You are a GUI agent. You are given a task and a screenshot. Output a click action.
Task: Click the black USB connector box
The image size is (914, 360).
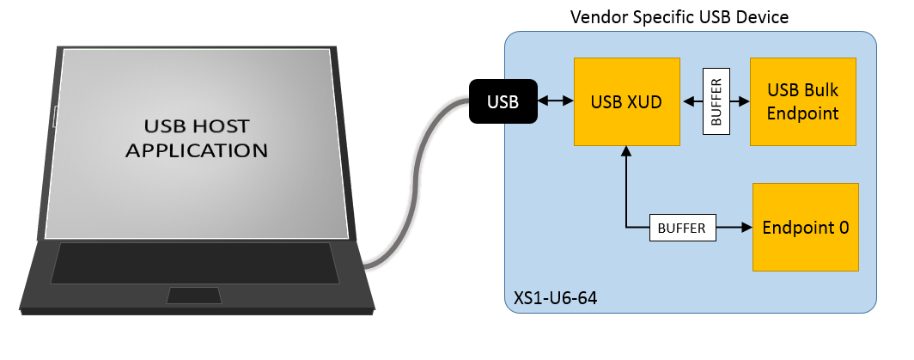pyautogui.click(x=503, y=101)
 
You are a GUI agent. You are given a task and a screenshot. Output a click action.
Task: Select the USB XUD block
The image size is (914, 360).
pyautogui.click(x=626, y=101)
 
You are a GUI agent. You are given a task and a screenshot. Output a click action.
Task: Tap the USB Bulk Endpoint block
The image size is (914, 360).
pyautogui.click(x=802, y=101)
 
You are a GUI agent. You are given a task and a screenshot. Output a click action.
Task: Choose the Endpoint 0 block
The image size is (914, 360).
pyautogui.click(x=805, y=228)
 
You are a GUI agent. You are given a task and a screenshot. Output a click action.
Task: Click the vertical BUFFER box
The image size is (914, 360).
pyautogui.click(x=716, y=101)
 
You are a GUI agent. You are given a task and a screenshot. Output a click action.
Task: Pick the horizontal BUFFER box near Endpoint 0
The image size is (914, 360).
pyautogui.click(x=682, y=229)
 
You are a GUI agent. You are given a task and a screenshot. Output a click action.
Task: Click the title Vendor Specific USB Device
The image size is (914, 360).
pyautogui.click(x=679, y=17)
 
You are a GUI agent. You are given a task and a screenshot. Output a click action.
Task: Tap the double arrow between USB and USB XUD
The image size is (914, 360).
pyautogui.click(x=556, y=101)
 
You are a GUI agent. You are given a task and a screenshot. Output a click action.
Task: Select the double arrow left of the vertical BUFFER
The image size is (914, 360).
pyautogui.click(x=692, y=101)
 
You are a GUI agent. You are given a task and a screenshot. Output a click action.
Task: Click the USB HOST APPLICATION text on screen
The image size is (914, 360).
pyautogui.click(x=197, y=138)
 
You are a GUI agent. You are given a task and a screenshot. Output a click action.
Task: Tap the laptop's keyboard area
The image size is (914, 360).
pyautogui.click(x=194, y=262)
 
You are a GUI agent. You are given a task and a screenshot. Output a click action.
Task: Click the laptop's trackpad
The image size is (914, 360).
pyautogui.click(x=194, y=296)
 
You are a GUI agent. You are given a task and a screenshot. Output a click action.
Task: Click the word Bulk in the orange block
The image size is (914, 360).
pyautogui.click(x=820, y=90)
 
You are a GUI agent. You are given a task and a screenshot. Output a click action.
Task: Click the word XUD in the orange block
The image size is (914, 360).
pyautogui.click(x=644, y=101)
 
